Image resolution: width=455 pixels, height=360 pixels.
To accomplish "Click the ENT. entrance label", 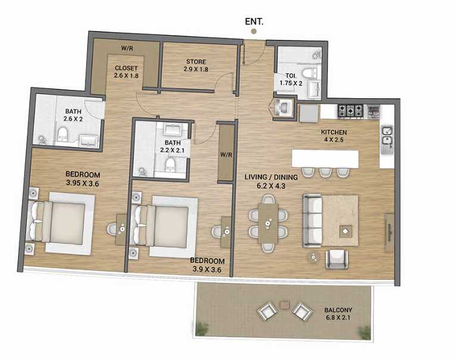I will [254, 21].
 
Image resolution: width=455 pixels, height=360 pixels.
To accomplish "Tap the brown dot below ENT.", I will [254, 31].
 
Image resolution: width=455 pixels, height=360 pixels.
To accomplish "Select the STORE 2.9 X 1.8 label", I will [196, 65].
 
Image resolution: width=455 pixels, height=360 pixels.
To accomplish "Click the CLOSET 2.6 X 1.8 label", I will [126, 72].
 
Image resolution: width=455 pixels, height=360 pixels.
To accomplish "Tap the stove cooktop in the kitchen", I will [351, 110].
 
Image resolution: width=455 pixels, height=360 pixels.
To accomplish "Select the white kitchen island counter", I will [325, 158].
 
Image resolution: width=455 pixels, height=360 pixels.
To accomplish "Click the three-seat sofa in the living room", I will [312, 221].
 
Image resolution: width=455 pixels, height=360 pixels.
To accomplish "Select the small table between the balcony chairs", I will [285, 304].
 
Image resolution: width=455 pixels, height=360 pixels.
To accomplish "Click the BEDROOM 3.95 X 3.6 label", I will [83, 179].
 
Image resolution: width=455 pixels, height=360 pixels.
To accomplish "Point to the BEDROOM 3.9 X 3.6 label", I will [207, 265].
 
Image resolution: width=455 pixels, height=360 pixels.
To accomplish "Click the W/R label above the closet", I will [126, 48].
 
